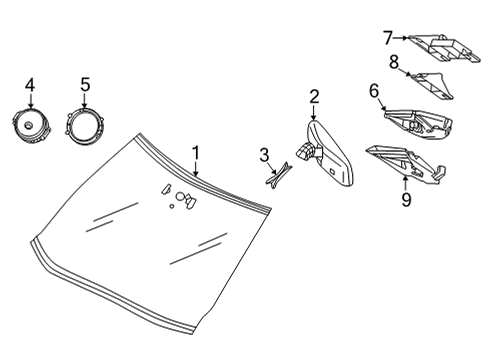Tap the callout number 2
(314, 96)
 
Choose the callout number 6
(374, 91)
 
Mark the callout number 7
(387, 38)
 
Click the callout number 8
(394, 62)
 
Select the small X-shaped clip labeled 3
(279, 174)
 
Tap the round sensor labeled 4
(30, 128)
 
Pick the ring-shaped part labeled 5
(85, 129)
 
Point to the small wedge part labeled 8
(430, 86)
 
